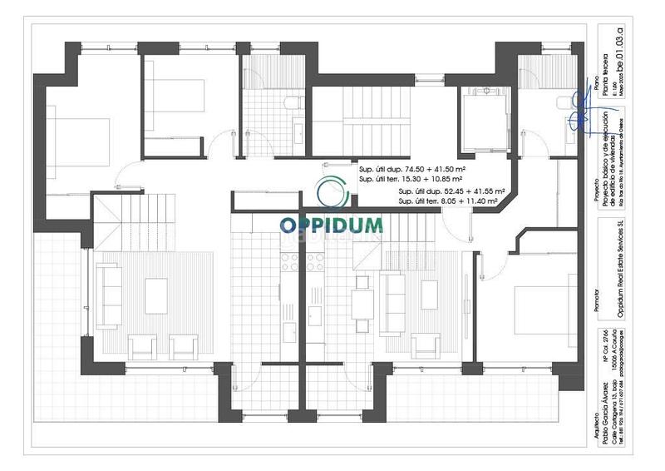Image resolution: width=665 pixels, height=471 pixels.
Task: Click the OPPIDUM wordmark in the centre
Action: point(308,226)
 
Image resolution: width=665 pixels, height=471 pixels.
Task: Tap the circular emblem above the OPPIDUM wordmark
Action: point(332,192)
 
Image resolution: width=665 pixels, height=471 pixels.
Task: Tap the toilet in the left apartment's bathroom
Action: point(293,103)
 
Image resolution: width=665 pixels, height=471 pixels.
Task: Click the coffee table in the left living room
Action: point(156,295)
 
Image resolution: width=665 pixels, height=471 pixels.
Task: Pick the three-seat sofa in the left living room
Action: point(109,295)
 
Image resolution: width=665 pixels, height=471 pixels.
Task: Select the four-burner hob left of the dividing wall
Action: point(290,261)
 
